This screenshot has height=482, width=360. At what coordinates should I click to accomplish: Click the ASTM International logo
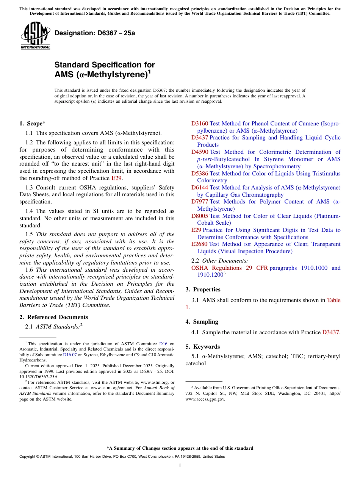[35, 36]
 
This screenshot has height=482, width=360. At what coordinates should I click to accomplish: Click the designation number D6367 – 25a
[95, 33]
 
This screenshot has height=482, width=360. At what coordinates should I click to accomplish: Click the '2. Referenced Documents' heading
[53, 317]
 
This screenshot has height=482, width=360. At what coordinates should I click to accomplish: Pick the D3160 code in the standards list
[200, 124]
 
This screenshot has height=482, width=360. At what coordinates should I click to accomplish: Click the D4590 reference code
[200, 152]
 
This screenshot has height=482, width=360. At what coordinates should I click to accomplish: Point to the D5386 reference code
[200, 174]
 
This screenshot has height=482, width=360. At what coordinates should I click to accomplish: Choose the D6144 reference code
[200, 188]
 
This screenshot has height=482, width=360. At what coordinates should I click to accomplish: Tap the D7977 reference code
[200, 202]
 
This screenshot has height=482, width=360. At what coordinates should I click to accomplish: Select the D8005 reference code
[200, 216]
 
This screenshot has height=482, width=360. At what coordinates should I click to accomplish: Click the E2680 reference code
[199, 244]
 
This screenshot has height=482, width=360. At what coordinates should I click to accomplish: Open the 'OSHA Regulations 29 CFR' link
[229, 268]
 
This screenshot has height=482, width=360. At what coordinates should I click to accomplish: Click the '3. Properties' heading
[203, 290]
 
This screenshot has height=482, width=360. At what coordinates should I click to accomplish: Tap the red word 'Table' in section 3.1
[333, 300]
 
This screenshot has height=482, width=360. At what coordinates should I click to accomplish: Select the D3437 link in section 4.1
[330, 332]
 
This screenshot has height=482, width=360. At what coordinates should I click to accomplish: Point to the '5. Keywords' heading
[202, 347]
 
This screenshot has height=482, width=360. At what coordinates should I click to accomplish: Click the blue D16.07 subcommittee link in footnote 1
[70, 355]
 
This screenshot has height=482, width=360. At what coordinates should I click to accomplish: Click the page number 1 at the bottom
[180, 465]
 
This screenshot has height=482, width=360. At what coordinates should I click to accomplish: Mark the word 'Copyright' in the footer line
[28, 457]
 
